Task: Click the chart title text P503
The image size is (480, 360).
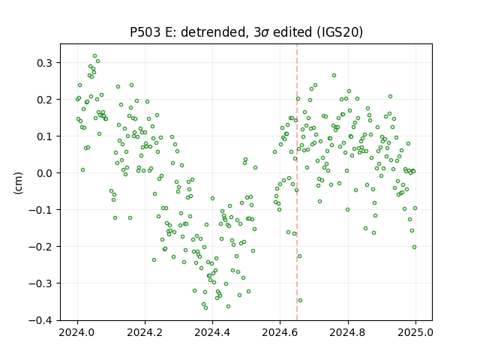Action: click(x=145, y=32)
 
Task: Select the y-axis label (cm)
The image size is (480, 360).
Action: click(x=18, y=183)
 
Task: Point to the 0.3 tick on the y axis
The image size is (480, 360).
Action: click(x=45, y=63)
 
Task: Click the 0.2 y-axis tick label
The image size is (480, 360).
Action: click(x=45, y=100)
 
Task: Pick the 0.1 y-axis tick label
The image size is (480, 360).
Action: click(x=45, y=136)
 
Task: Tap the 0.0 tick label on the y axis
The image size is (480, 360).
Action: click(x=45, y=173)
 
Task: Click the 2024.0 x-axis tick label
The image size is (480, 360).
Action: click(x=77, y=332)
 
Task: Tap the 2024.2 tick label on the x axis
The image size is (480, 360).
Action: click(x=145, y=332)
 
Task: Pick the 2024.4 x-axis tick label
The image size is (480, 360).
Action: click(x=212, y=332)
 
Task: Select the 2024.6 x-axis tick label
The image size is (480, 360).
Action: click(x=280, y=332)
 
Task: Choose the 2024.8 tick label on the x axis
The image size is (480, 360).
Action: click(x=348, y=332)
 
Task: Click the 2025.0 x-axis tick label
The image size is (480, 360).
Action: click(x=415, y=332)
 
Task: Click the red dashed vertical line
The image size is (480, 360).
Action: click(x=297, y=182)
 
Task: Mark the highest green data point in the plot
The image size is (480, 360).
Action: click(x=95, y=56)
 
